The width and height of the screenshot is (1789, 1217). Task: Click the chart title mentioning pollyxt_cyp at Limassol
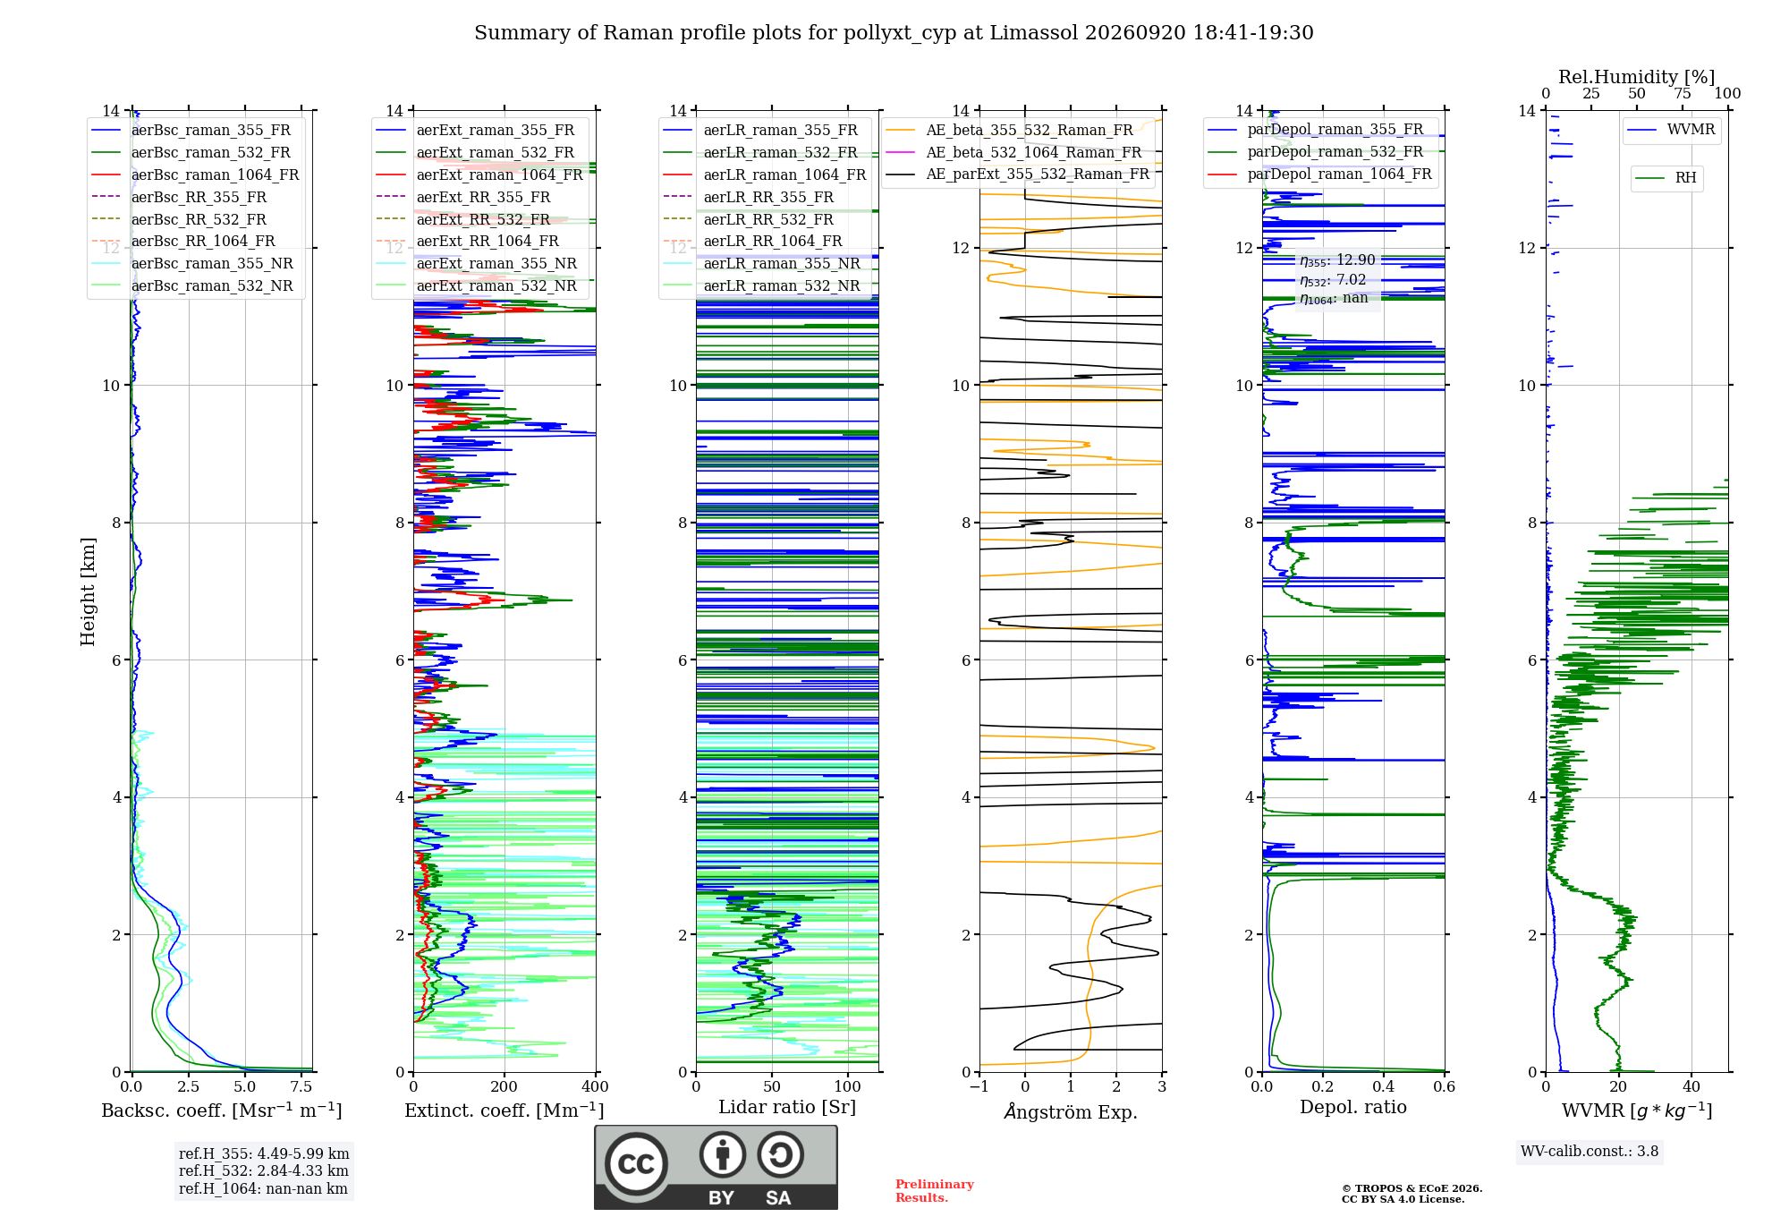pos(894,33)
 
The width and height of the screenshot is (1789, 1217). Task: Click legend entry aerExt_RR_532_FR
pos(483,219)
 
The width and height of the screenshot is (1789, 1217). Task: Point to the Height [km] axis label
pos(88,591)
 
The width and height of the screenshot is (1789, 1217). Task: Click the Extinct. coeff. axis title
pos(504,1111)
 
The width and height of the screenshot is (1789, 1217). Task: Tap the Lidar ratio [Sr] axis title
pos(787,1108)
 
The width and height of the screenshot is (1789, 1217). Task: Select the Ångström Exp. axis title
pos(1071,1111)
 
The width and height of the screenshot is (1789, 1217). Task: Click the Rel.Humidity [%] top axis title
pos(1637,77)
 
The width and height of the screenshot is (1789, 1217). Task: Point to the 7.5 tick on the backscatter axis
pos(301,1087)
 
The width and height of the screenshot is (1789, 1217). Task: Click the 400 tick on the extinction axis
pos(595,1087)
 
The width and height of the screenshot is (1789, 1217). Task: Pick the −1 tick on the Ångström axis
pos(979,1087)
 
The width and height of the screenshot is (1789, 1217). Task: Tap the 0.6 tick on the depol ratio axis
pos(1444,1087)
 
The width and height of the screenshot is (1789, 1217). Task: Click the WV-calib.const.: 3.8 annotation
pos(1590,1152)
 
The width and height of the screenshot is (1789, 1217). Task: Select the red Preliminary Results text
pos(935,1191)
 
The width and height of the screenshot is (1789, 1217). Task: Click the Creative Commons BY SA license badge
pos(716,1168)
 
